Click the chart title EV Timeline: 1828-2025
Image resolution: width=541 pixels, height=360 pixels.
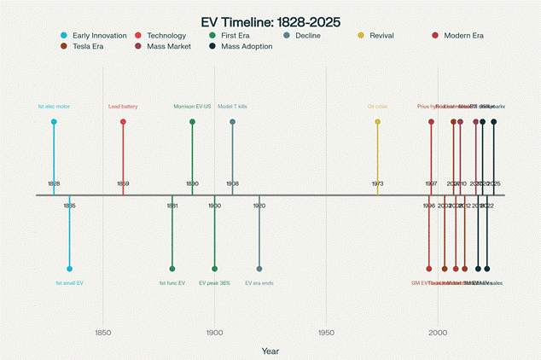(270, 21)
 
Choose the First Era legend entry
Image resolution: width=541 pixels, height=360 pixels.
(235, 36)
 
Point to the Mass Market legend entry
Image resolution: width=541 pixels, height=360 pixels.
(166, 46)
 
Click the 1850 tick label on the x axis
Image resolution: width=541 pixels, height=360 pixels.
(103, 333)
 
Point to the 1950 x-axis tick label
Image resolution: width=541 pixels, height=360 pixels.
(326, 333)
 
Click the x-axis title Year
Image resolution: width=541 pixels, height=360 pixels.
(270, 351)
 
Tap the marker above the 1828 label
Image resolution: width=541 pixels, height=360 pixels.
(54, 122)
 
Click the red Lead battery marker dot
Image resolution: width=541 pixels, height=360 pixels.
(123, 122)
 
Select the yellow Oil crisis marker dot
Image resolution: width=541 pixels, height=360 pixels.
(377, 122)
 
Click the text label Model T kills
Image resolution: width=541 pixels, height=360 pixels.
(232, 107)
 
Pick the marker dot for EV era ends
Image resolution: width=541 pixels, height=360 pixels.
(259, 269)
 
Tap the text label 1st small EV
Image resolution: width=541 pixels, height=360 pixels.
(69, 282)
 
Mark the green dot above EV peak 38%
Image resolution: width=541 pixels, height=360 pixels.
(214, 269)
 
